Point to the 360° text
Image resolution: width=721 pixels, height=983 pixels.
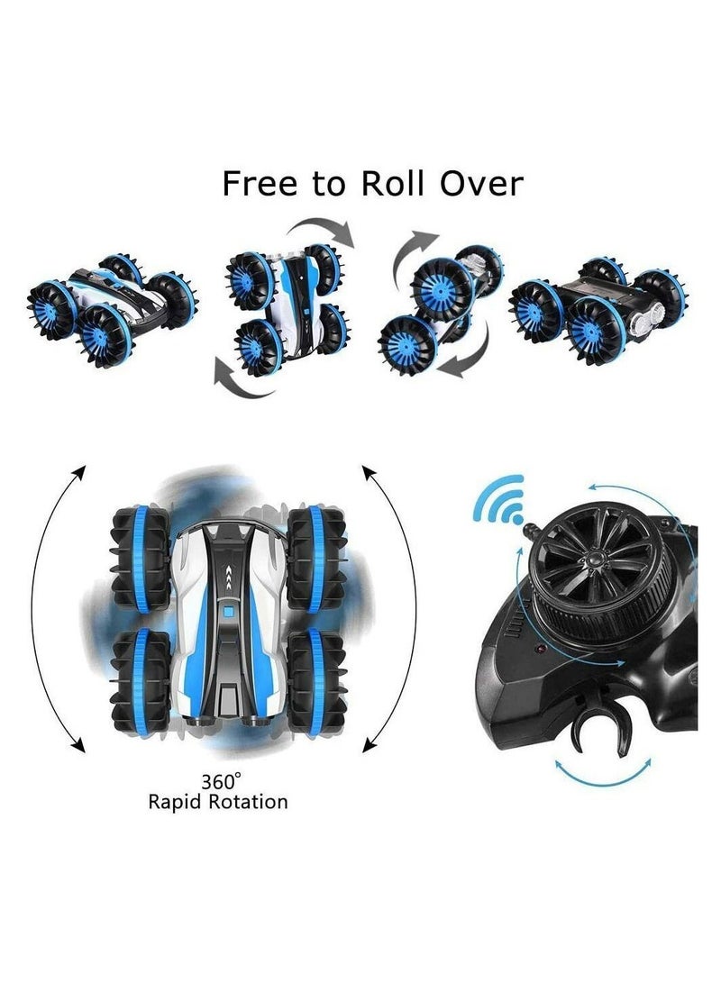tap(219, 781)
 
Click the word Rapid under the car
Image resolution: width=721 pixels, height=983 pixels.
tap(180, 801)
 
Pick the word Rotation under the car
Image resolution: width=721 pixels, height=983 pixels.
tap(252, 801)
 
